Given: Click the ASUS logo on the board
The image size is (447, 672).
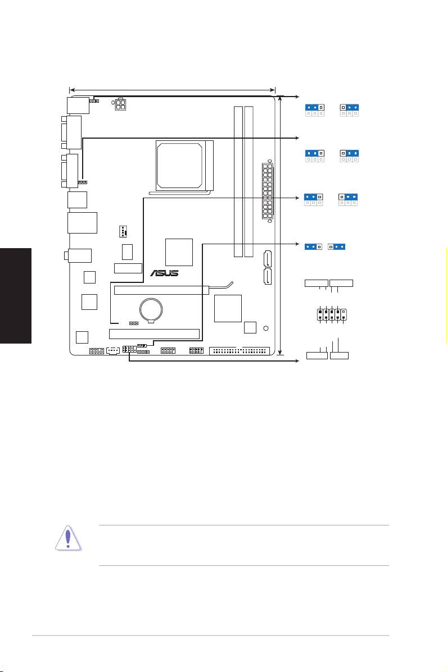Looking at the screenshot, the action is tap(164, 273).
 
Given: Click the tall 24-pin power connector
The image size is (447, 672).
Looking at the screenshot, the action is tap(268, 191).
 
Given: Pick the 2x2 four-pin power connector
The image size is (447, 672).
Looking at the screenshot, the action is tap(120, 104).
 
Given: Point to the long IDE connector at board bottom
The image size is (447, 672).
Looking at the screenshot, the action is tap(240, 351).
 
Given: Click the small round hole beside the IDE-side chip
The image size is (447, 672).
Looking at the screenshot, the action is tap(266, 328).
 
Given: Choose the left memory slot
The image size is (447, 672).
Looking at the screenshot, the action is tap(238, 182).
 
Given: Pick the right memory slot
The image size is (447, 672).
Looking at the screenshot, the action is tap(249, 182).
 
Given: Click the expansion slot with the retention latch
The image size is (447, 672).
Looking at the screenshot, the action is tap(161, 290).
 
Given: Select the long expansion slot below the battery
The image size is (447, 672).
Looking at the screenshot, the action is tap(155, 334).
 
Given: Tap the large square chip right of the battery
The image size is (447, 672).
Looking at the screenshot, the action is tap(228, 308).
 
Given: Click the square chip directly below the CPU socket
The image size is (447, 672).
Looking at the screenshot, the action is tap(179, 253).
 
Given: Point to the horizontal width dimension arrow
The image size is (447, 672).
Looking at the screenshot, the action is tap(172, 90).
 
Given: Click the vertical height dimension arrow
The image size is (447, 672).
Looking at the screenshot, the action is tap(281, 226).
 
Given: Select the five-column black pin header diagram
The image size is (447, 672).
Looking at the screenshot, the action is tap(332, 315).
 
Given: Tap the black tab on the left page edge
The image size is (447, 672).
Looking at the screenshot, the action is tap(16, 295).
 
